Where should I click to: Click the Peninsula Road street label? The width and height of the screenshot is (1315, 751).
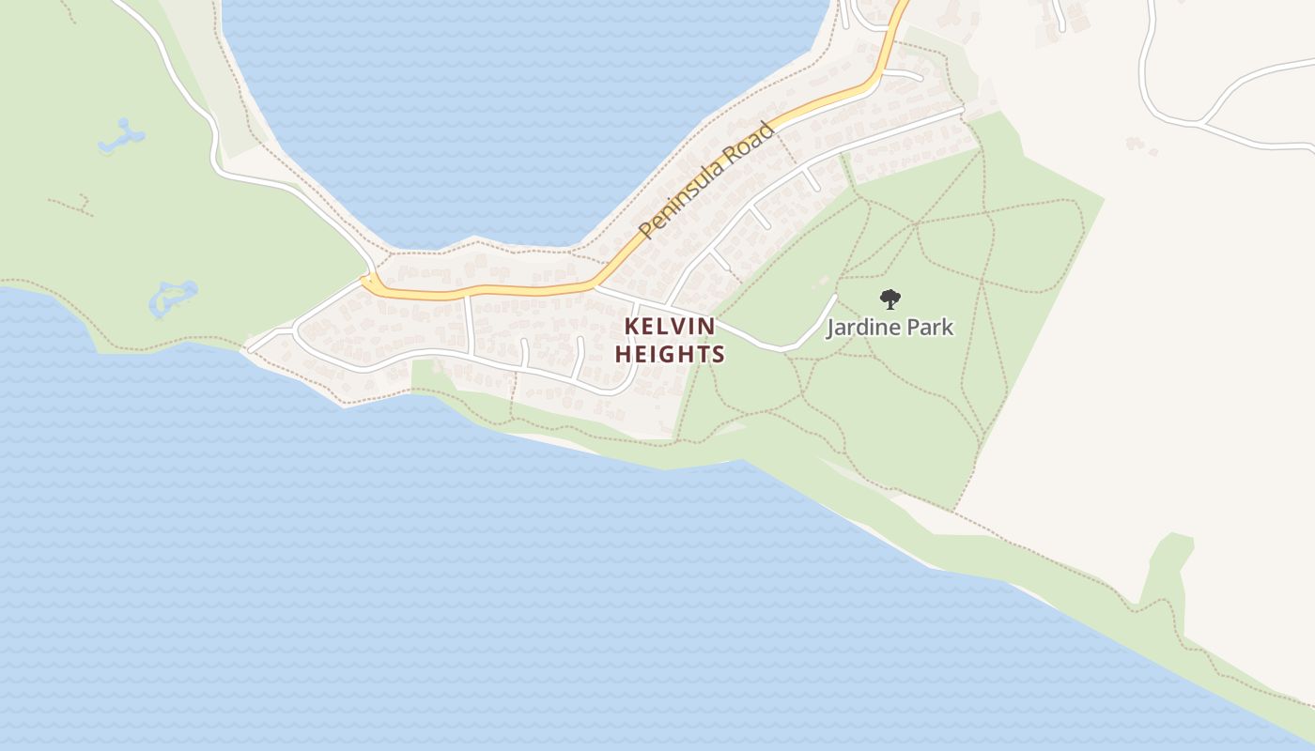pos(706,180)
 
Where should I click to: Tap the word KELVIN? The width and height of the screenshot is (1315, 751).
pos(671,327)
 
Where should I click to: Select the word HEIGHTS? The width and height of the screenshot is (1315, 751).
pos(671,355)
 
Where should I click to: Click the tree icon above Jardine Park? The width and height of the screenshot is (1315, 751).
pos(890,299)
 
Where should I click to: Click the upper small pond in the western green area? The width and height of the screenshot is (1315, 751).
pos(121,136)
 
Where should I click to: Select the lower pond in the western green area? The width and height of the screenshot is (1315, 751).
pos(174,298)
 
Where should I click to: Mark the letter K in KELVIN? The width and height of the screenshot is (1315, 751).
pos(632,327)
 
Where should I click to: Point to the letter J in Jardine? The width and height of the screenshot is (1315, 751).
pos(830,328)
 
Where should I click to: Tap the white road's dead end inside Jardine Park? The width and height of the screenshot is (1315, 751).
pos(834,297)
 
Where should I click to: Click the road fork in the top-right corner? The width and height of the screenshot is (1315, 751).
pos(1203,122)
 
